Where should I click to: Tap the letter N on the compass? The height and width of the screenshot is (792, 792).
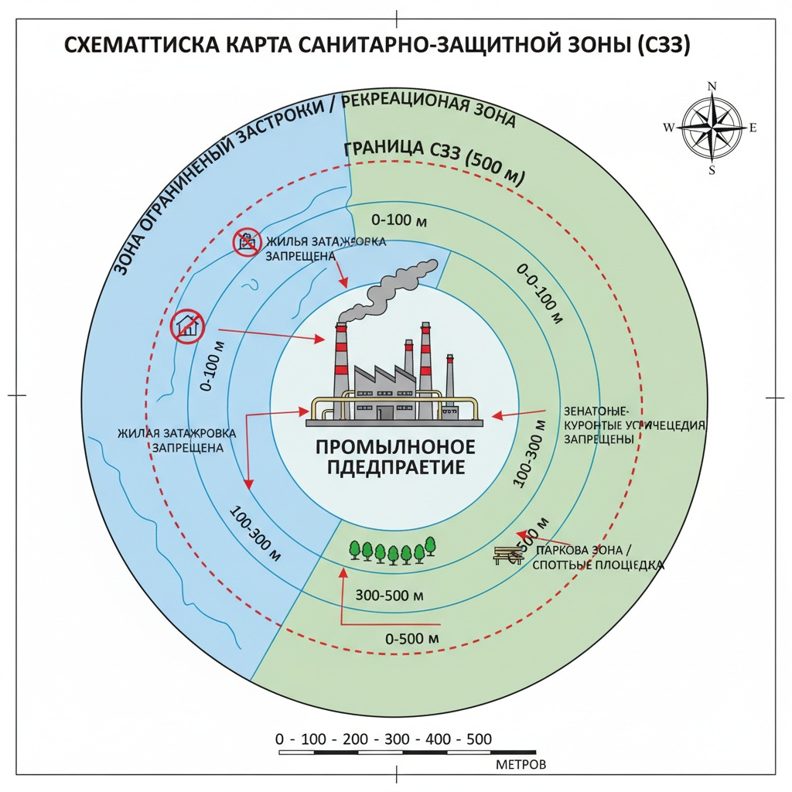pos(712,86)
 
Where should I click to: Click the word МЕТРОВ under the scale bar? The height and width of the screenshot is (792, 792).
pos(519,765)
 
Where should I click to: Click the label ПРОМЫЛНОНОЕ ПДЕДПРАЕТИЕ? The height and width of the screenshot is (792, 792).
pos(396,457)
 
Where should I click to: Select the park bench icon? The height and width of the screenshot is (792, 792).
pos(506,554)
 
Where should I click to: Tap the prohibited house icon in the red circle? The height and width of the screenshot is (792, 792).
pos(188,326)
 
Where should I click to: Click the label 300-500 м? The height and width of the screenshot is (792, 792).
pos(390,596)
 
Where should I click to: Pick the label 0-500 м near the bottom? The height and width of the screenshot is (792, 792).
pos(412,639)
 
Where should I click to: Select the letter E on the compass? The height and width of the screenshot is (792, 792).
pos(753,128)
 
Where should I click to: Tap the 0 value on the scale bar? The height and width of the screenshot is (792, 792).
pos(281,739)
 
